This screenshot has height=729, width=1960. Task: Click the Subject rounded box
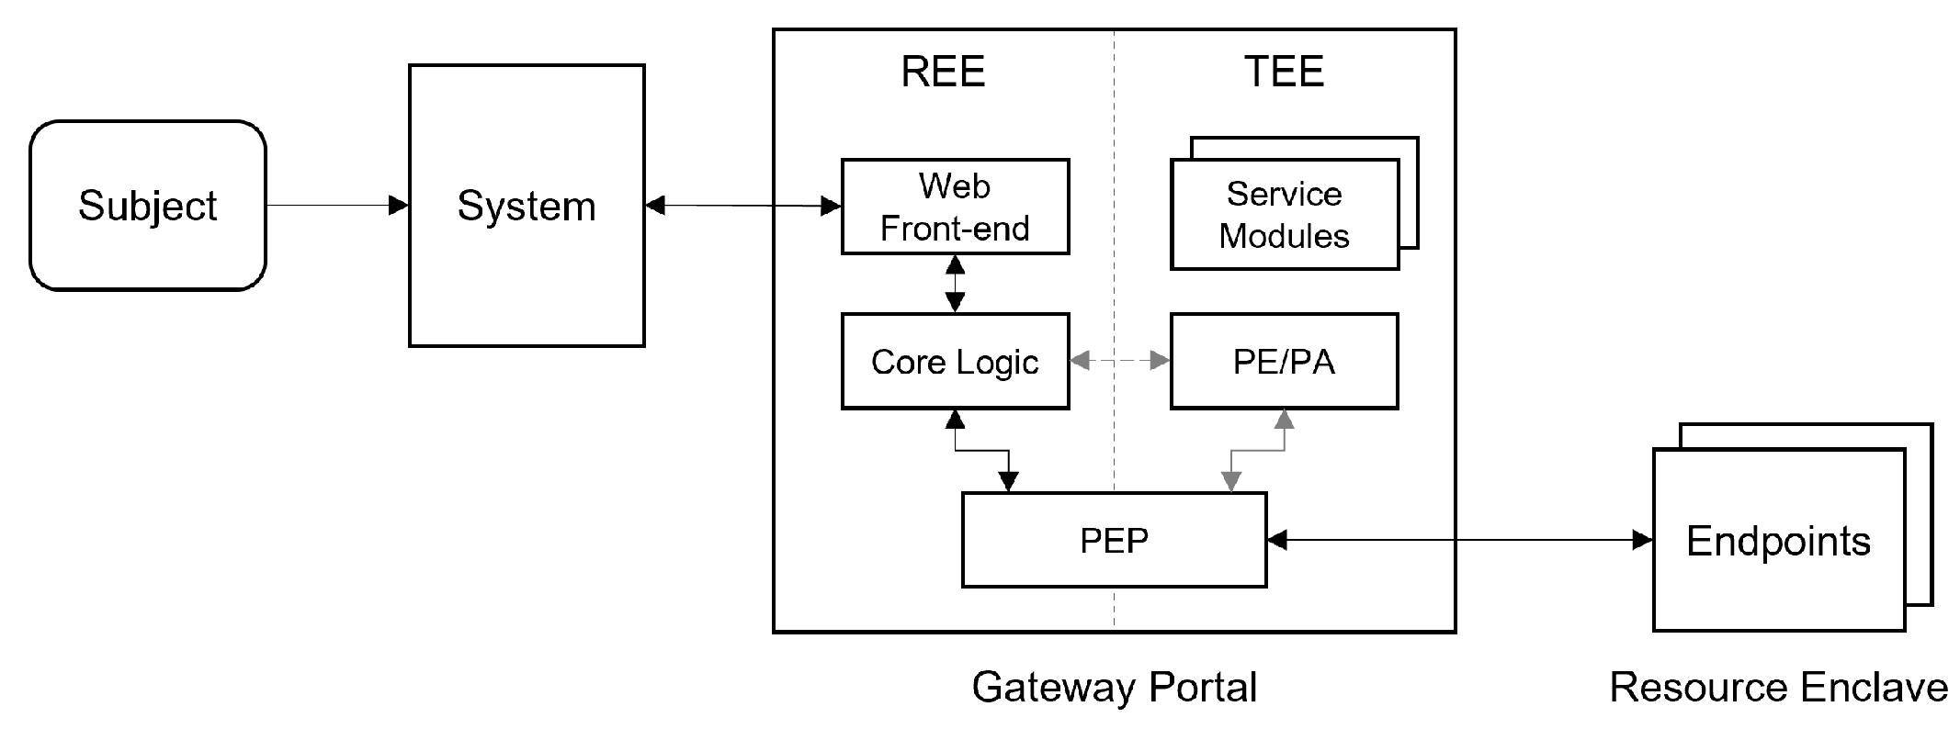(147, 206)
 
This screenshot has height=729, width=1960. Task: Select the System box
(526, 206)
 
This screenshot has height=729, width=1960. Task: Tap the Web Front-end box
(955, 207)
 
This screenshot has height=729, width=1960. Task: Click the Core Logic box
(955, 362)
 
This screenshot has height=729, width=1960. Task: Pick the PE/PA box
(1284, 362)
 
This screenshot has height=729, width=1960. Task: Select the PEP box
(1114, 540)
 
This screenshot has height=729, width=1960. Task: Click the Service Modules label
(1284, 215)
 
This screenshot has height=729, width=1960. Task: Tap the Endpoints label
(1778, 541)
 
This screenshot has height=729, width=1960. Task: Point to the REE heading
(943, 72)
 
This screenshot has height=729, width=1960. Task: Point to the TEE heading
(1284, 72)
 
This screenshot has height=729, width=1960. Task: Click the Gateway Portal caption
(1114, 687)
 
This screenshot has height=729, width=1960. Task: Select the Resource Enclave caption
(1778, 687)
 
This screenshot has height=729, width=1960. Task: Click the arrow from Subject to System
(336, 205)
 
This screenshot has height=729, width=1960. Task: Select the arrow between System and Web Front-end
(742, 206)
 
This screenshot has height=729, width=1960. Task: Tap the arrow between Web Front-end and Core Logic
(955, 284)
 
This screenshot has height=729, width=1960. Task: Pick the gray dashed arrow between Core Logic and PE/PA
(1119, 362)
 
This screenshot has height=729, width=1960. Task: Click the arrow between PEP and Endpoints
(1459, 540)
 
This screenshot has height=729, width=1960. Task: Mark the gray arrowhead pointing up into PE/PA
(1284, 420)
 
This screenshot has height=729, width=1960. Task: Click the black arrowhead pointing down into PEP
(1008, 481)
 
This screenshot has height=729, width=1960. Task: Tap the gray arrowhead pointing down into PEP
(1231, 481)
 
